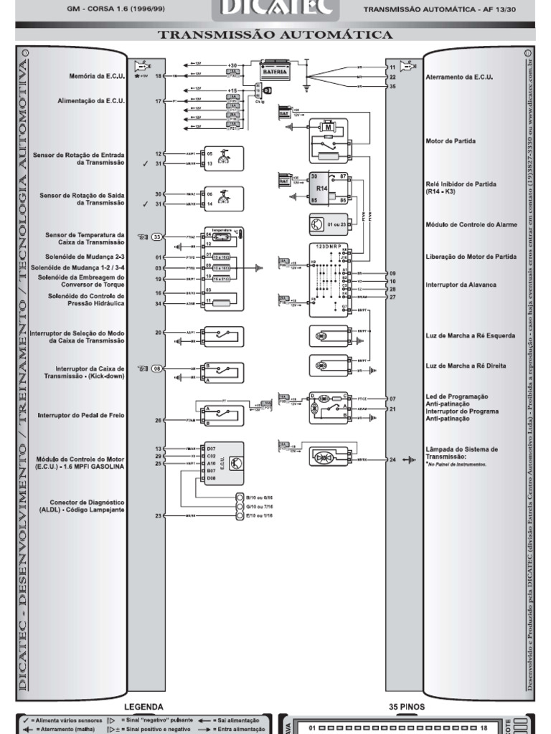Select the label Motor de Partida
click(451, 141)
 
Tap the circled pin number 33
click(158, 237)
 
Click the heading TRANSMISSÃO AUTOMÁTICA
click(275, 34)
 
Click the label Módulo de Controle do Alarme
click(471, 224)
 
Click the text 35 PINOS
click(407, 707)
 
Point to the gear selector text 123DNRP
click(327, 246)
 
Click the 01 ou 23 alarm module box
click(328, 224)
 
